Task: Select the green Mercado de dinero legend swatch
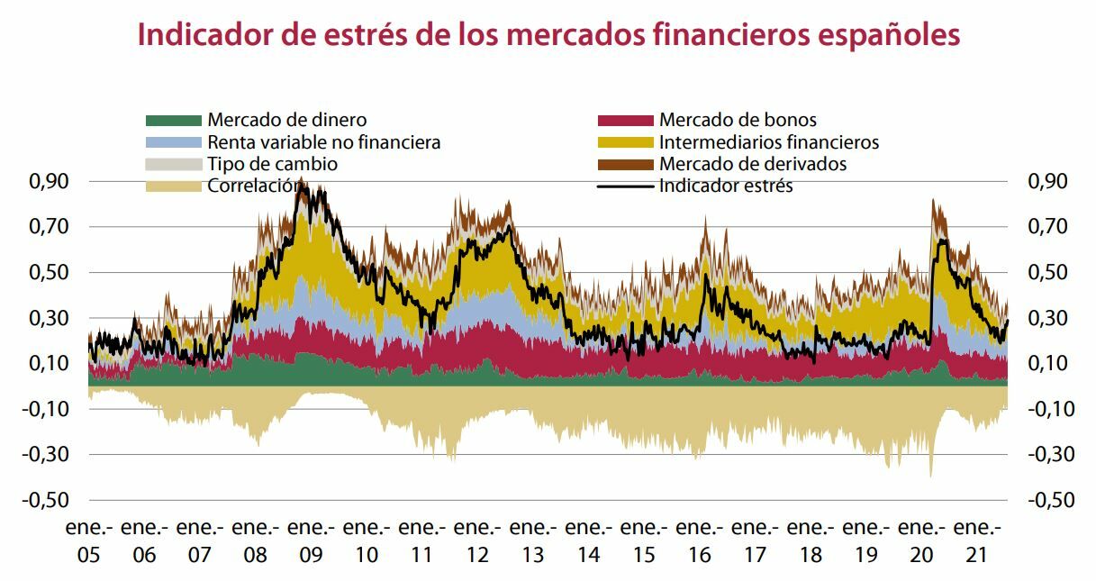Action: point(173,120)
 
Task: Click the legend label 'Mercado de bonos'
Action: point(738,120)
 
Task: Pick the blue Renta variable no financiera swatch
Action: point(173,142)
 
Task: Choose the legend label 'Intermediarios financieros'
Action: point(768,142)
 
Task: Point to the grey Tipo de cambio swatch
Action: point(173,164)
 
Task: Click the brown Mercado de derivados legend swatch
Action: point(625,164)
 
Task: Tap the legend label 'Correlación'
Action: point(251,186)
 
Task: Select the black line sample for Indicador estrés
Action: point(625,186)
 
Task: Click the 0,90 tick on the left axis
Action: point(46,181)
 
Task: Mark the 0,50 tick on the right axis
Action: point(1046,272)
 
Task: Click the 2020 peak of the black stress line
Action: point(941,240)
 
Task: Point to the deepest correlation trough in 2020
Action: point(930,476)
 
